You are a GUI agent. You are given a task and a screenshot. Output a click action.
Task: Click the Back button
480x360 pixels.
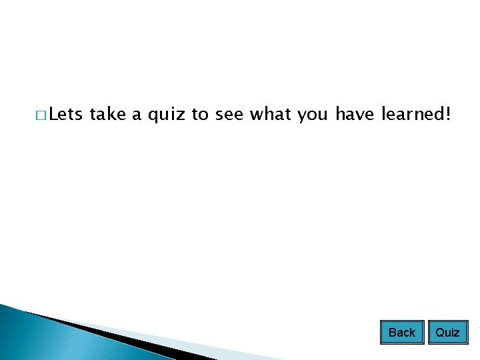pyautogui.click(x=402, y=332)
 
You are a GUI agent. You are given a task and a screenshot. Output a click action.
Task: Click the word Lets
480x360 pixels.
pyautogui.click(x=65, y=115)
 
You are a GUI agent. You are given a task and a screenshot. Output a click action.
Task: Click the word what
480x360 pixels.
pyautogui.click(x=271, y=115)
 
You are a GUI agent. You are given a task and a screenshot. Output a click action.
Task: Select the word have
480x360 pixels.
pyautogui.click(x=356, y=115)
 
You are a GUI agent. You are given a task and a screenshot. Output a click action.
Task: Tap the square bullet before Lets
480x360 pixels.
pyautogui.click(x=41, y=117)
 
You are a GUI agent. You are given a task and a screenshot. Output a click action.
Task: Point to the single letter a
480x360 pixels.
pyautogui.click(x=136, y=117)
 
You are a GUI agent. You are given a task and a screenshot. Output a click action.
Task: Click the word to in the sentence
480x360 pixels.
pyautogui.click(x=200, y=115)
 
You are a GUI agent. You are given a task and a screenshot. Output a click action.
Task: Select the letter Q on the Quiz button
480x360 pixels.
pyautogui.click(x=439, y=332)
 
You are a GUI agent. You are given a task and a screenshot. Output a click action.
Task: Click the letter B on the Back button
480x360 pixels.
pyautogui.click(x=393, y=332)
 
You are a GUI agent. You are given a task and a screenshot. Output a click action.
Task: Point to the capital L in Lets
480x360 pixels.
pyautogui.click(x=54, y=115)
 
